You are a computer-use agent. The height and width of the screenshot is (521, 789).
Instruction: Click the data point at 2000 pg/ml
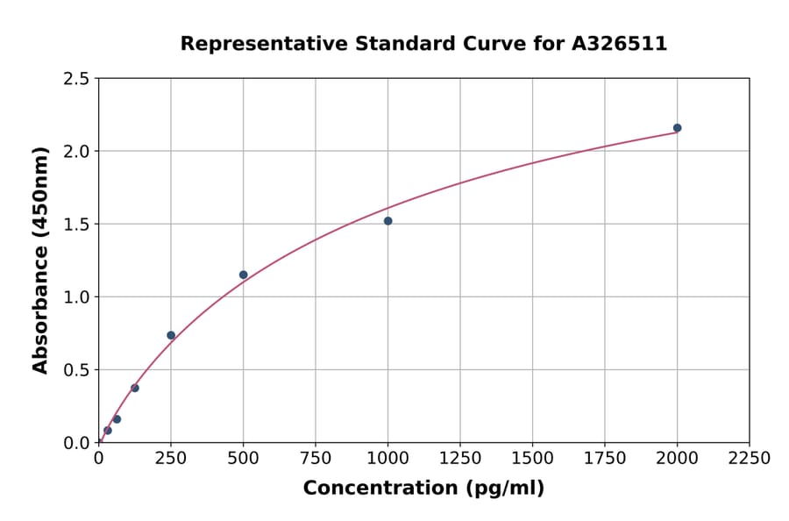pyautogui.click(x=677, y=128)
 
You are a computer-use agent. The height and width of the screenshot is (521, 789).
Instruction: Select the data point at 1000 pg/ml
pyautogui.click(x=387, y=221)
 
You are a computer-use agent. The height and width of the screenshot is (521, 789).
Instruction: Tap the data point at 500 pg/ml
pyautogui.click(x=244, y=275)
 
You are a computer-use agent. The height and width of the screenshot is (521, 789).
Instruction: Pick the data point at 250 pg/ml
pyautogui.click(x=171, y=335)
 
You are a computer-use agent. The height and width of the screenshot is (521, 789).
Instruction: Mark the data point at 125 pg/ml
pyautogui.click(x=135, y=388)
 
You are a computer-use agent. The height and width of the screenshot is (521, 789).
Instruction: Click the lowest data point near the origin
pyautogui.click(x=108, y=431)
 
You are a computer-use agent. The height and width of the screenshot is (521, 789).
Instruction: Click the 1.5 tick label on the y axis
pyautogui.click(x=77, y=225)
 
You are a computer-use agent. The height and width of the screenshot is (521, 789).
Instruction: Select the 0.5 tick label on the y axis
pyautogui.click(x=77, y=370)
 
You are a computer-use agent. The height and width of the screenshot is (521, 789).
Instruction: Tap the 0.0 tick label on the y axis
pyautogui.click(x=77, y=443)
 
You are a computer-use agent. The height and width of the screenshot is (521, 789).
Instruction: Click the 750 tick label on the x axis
pyautogui.click(x=316, y=459)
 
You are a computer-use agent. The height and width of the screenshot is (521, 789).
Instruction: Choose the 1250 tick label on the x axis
pyautogui.click(x=460, y=459)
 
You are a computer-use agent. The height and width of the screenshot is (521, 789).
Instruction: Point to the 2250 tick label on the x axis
pyautogui.click(x=750, y=459)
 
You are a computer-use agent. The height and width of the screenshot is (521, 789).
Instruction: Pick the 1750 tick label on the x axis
pyautogui.click(x=605, y=459)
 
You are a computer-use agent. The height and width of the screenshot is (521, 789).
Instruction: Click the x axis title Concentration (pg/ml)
pyautogui.click(x=423, y=489)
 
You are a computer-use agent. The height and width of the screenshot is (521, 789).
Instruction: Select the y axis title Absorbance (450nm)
pyautogui.click(x=40, y=260)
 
